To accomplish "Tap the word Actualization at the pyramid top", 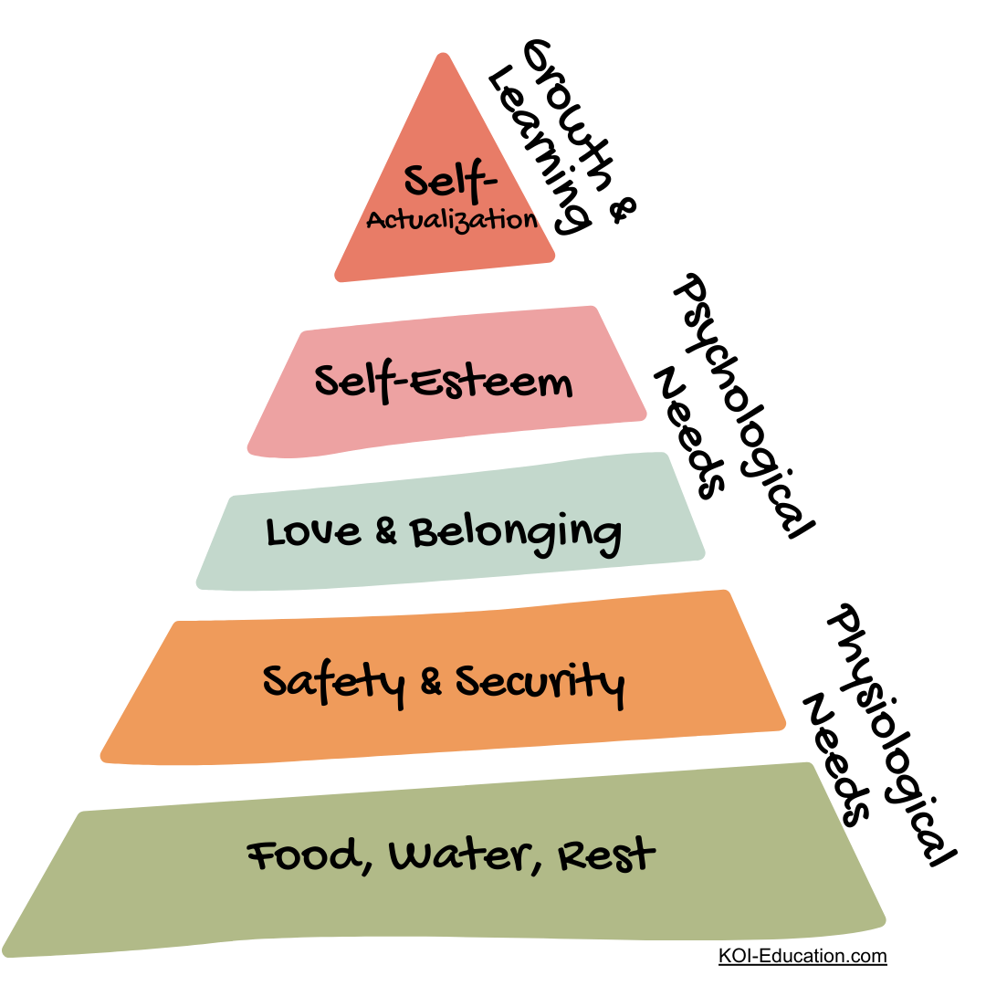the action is pyautogui.click(x=451, y=221).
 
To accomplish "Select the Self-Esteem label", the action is pyautogui.click(x=444, y=381).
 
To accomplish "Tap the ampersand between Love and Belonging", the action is pyautogui.click(x=386, y=532).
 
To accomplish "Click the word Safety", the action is pyautogui.click(x=333, y=682).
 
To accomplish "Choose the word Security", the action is pyautogui.click(x=540, y=683).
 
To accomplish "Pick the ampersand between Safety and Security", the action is pyautogui.click(x=430, y=682).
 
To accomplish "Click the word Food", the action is pyautogui.click(x=303, y=856).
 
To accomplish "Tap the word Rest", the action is pyautogui.click(x=606, y=855).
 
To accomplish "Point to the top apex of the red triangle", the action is pyautogui.click(x=444, y=57).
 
